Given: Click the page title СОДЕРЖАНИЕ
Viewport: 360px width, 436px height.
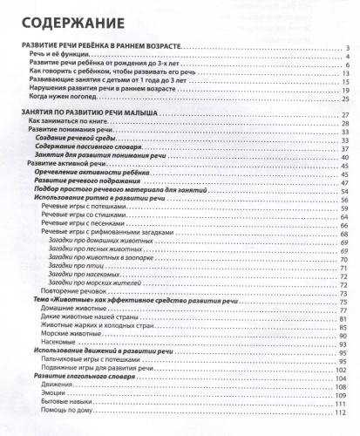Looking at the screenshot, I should (x=58, y=19).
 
